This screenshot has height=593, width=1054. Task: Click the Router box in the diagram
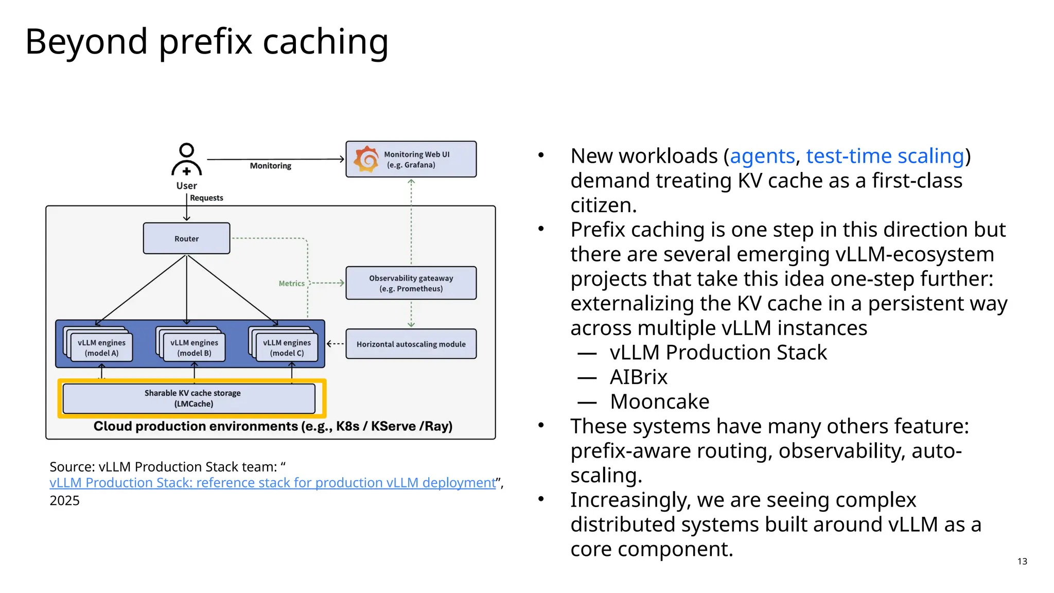(186, 238)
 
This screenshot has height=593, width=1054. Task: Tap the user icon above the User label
(186, 160)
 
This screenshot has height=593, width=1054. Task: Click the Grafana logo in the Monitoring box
(366, 159)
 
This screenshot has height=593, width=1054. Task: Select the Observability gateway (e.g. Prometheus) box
(411, 283)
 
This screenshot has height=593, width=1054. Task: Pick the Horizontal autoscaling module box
(411, 344)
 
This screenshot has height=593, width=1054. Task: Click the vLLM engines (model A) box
(101, 348)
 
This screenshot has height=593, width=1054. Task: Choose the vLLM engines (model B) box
(194, 348)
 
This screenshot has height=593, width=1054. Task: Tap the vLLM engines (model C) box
(287, 348)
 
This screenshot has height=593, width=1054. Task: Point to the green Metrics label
(291, 284)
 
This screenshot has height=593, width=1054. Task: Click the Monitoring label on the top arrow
(270, 166)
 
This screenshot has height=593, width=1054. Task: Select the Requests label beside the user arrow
(206, 198)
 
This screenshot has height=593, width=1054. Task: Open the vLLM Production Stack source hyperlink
(272, 483)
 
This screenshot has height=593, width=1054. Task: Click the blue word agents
(762, 156)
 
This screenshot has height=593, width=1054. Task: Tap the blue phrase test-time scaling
(885, 156)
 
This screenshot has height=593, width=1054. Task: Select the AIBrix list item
(638, 377)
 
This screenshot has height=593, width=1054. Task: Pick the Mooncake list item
(659, 402)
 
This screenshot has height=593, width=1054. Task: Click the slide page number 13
(1022, 561)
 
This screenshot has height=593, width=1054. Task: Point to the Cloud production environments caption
(273, 426)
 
